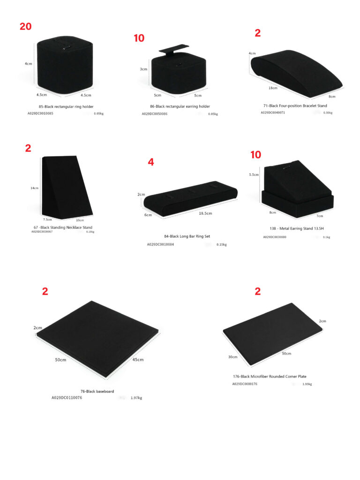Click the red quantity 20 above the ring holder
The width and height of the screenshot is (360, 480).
[x=26, y=26]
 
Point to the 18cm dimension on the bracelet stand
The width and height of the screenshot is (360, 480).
[x=272, y=88]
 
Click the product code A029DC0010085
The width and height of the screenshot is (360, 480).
[x=40, y=113]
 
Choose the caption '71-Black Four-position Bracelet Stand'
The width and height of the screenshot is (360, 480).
[x=295, y=106]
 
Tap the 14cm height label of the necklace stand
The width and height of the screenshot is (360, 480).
[x=34, y=188]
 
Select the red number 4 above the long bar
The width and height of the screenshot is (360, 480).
[x=150, y=162]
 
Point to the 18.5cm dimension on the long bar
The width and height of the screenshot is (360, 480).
[x=205, y=213]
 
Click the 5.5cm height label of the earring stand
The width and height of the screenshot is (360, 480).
[x=254, y=174]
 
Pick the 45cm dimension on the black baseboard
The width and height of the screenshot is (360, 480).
[x=137, y=360]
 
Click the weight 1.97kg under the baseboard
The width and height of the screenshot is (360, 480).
[x=136, y=398]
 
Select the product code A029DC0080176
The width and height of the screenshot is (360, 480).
[x=245, y=384]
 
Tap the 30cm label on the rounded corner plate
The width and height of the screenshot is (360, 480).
[x=232, y=357]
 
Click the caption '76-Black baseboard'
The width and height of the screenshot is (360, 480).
[x=97, y=391]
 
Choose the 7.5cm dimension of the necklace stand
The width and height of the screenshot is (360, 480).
[x=47, y=219]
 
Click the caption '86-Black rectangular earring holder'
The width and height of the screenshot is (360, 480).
[x=180, y=106]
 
